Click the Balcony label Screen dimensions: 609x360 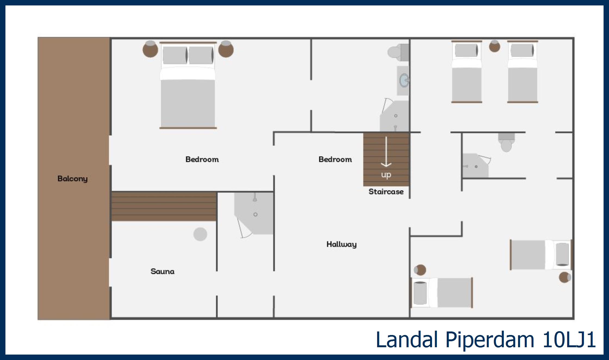pyautogui.click(x=73, y=179)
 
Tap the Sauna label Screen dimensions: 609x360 pyautogui.click(x=163, y=271)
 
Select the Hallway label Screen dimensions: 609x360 pyautogui.click(x=341, y=244)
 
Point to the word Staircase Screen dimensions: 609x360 pyautogui.click(x=386, y=192)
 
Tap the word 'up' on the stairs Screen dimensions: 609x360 pyautogui.click(x=386, y=175)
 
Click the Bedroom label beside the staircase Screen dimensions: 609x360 pyautogui.click(x=335, y=159)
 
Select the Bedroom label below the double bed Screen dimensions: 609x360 pyautogui.click(x=202, y=159)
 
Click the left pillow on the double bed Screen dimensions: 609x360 pyautogui.click(x=175, y=55)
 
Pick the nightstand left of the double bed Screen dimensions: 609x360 pyautogui.click(x=150, y=49)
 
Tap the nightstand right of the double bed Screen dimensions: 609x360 pyautogui.click(x=226, y=49)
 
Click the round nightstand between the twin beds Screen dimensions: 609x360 pyautogui.click(x=495, y=46)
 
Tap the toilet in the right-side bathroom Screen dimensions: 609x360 pyautogui.click(x=506, y=142)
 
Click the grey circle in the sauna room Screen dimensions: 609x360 pyautogui.click(x=200, y=234)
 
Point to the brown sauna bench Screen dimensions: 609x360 pyautogui.click(x=164, y=206)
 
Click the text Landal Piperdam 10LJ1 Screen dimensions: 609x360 pyautogui.click(x=486, y=339)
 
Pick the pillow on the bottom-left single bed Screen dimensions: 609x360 pyautogui.click(x=420, y=293)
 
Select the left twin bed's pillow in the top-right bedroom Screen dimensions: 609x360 pyautogui.click(x=467, y=51)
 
